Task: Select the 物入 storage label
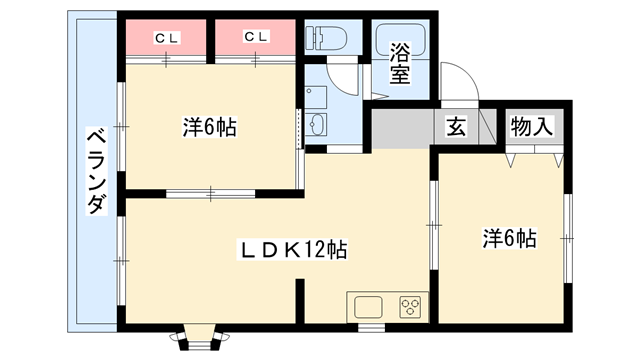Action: [x=533, y=128]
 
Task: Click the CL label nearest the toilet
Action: [x=257, y=37]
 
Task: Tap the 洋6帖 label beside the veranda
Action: [x=209, y=128]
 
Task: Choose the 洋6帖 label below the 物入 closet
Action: [x=510, y=238]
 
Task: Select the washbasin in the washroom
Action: [x=317, y=126]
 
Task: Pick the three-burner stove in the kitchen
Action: [x=410, y=306]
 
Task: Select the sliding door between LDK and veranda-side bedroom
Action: [x=211, y=190]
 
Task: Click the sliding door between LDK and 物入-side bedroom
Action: [x=434, y=225]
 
